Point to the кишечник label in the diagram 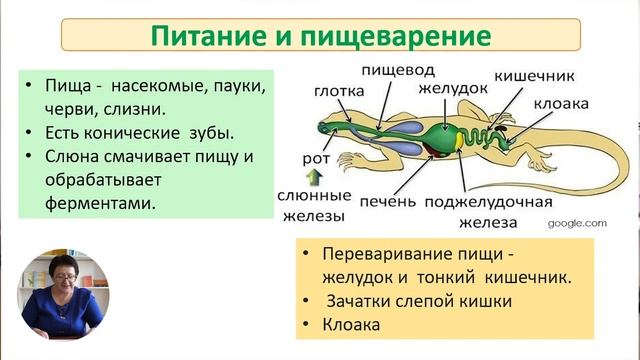coord(533,75)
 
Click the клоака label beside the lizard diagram coord(559,103)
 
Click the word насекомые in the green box coord(163,86)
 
